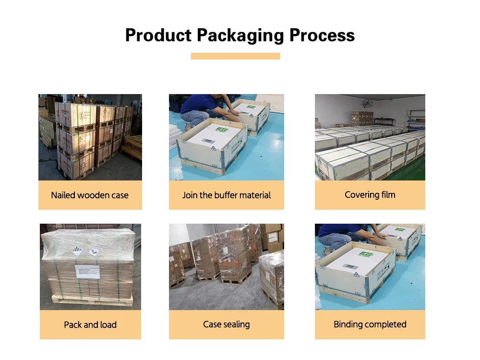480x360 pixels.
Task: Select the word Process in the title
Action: [322, 36]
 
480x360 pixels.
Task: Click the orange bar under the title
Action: [235, 56]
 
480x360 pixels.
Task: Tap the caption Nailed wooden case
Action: [90, 195]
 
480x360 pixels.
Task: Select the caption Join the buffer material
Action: [227, 195]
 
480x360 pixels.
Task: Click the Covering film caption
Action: [370, 195]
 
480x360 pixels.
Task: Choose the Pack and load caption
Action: [90, 325]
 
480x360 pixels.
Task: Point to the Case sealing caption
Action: [227, 324]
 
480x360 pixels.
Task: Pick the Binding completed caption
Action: [370, 324]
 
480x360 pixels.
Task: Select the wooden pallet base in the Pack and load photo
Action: [91, 300]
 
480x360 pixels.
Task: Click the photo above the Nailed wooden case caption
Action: [90, 137]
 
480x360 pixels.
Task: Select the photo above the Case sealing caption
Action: [227, 267]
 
